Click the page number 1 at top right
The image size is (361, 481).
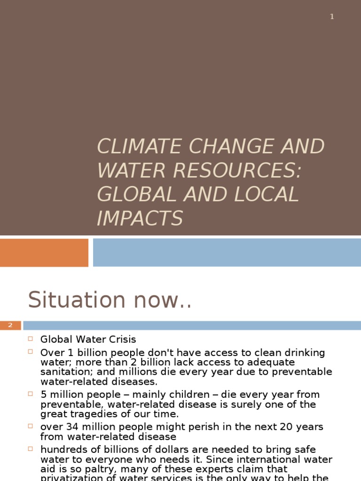pyautogui.click(x=332, y=17)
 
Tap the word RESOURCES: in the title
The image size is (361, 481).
pyautogui.click(x=236, y=171)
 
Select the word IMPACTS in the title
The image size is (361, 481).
pyautogui.click(x=140, y=219)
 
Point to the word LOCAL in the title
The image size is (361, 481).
pyautogui.click(x=269, y=195)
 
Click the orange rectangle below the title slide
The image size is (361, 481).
pyautogui.click(x=44, y=253)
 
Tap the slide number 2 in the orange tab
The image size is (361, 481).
pyautogui.click(x=10, y=326)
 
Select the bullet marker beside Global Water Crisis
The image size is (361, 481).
pyautogui.click(x=31, y=339)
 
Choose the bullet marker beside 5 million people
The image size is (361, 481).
pyautogui.click(x=31, y=394)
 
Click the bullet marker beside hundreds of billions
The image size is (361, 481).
pyautogui.click(x=31, y=449)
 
